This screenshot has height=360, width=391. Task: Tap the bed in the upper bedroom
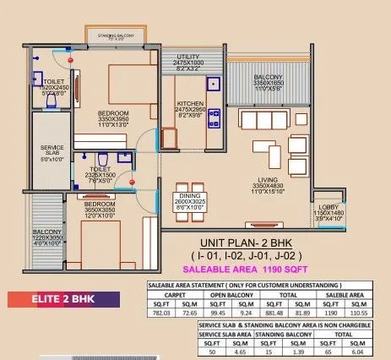[x=127, y=85]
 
